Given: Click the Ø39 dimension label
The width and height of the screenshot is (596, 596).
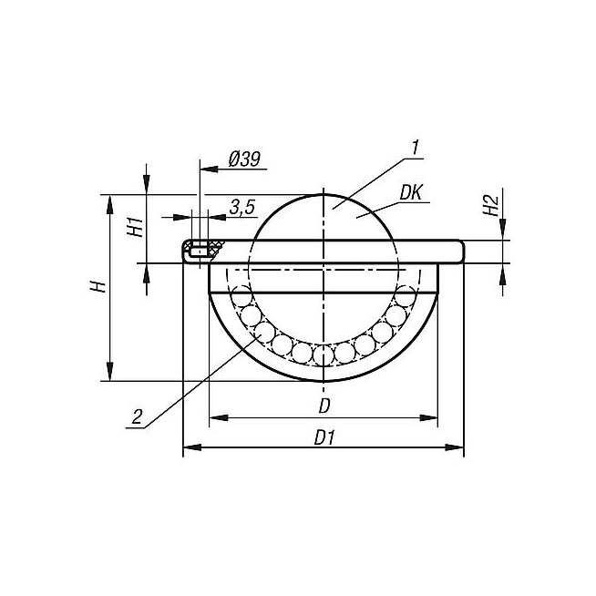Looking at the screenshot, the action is (245, 159).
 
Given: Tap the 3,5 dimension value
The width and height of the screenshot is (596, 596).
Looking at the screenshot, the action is (242, 208).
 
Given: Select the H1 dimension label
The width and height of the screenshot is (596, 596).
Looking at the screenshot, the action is (136, 227).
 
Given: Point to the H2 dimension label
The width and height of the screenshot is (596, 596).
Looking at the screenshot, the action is (490, 205).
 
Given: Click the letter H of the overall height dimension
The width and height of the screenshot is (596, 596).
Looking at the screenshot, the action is (98, 286).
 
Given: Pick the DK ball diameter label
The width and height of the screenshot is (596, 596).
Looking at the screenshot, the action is (411, 192).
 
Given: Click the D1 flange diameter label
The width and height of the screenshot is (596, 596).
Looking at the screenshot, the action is (324, 437).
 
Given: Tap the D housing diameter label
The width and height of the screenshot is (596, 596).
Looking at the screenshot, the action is (324, 406).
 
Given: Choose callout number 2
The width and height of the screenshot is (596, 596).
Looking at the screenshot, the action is (137, 417).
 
